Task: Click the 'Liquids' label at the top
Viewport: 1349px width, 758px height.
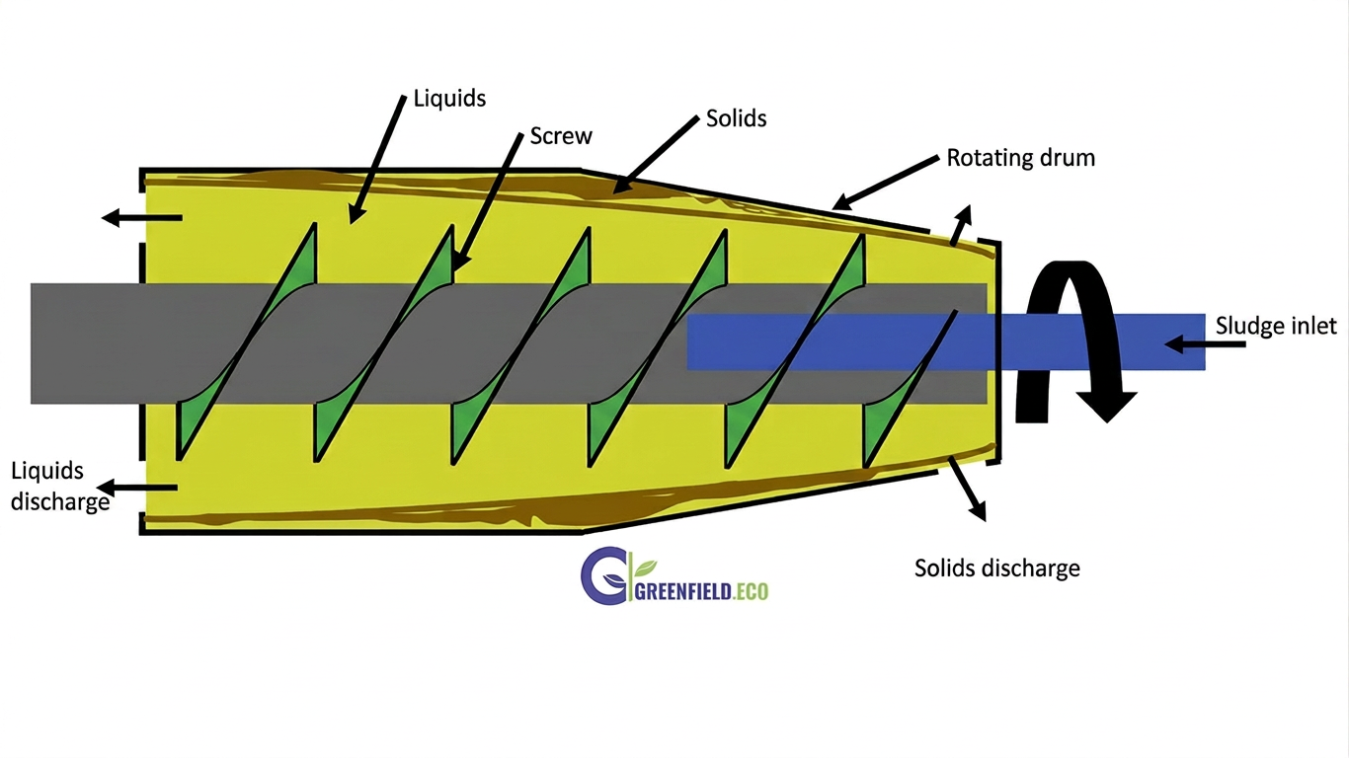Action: (449, 99)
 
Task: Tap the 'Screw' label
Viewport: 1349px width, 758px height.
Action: (561, 136)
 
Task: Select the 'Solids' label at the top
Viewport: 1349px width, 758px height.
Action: (736, 118)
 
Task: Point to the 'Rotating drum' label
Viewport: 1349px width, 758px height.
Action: (1021, 158)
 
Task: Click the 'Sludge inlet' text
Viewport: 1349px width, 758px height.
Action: (1276, 326)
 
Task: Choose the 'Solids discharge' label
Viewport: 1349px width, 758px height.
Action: (997, 568)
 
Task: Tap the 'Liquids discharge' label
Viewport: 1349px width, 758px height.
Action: (60, 487)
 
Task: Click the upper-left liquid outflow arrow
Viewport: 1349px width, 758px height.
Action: (141, 217)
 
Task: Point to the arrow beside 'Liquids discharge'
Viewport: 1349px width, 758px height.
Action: (137, 487)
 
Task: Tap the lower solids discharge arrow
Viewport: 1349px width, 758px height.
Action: (968, 489)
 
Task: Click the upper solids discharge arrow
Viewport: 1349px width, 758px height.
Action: (961, 225)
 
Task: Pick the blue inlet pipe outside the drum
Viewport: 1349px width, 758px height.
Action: (1103, 341)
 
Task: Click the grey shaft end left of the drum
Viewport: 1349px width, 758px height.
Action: (85, 343)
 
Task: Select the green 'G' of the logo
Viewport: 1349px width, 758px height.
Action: (602, 575)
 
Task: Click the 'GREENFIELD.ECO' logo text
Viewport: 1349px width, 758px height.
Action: (701, 591)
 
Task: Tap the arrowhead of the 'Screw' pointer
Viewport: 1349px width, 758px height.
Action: (459, 259)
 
